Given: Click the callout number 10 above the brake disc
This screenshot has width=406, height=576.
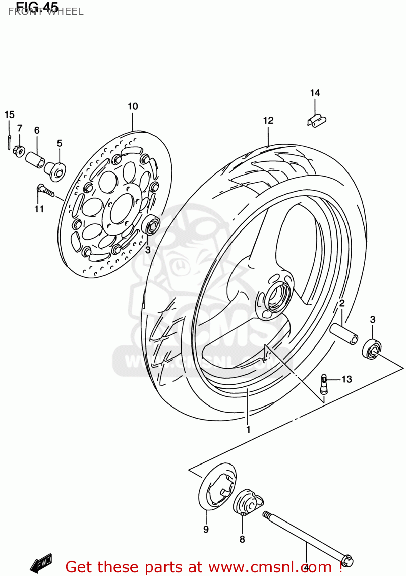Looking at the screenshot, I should [133, 106].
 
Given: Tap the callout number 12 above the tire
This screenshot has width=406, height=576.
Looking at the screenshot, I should [268, 121].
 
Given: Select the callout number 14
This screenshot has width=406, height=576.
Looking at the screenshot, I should [315, 93].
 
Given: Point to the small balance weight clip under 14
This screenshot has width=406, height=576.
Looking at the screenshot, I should [316, 120].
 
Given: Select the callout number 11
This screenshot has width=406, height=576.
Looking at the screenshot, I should [39, 209].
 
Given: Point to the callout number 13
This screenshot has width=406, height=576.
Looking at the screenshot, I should [347, 379].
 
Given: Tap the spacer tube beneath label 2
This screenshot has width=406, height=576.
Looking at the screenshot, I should [344, 333].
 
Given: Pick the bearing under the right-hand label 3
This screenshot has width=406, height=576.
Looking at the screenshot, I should [371, 349].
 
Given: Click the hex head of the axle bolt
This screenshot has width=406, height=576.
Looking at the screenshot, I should [347, 561].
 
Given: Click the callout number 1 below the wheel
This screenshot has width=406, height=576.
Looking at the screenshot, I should [248, 429].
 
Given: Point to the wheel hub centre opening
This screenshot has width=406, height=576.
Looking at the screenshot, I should [278, 297].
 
